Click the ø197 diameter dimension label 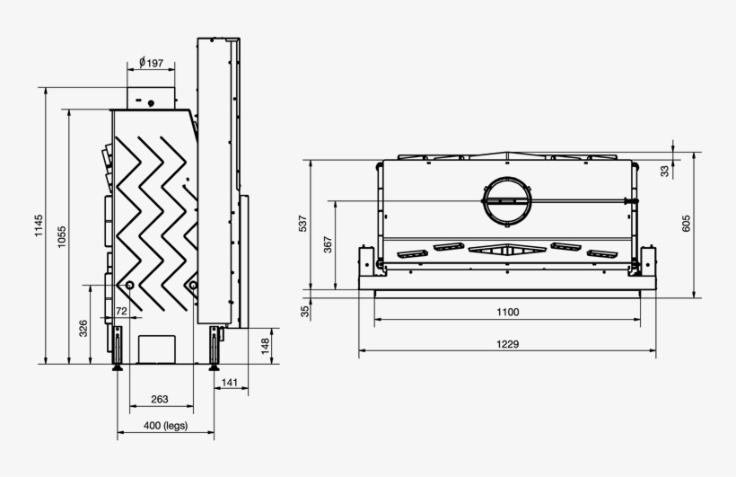point(151,63)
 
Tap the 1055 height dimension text point(61,235)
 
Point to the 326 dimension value point(83,328)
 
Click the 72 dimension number point(121,311)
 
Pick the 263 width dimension point(160,400)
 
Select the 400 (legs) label point(165,426)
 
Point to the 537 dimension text point(303,225)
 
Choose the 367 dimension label point(328,244)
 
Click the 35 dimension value point(305,312)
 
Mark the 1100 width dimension point(506,313)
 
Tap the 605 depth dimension point(687,225)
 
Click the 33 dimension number point(665,171)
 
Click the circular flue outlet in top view point(508,199)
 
